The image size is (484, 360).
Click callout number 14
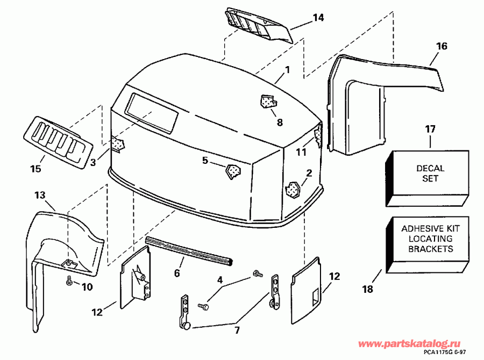pyautogui.click(x=318, y=18)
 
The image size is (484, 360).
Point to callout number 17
pyautogui.click(x=430, y=129)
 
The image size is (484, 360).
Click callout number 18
pyautogui.click(x=367, y=289)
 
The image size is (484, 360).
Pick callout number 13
pyautogui.click(x=40, y=195)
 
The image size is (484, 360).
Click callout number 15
pyautogui.click(x=35, y=169)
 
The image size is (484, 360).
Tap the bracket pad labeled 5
pyautogui.click(x=232, y=171)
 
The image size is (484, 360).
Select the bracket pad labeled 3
pyautogui.click(x=117, y=143)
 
